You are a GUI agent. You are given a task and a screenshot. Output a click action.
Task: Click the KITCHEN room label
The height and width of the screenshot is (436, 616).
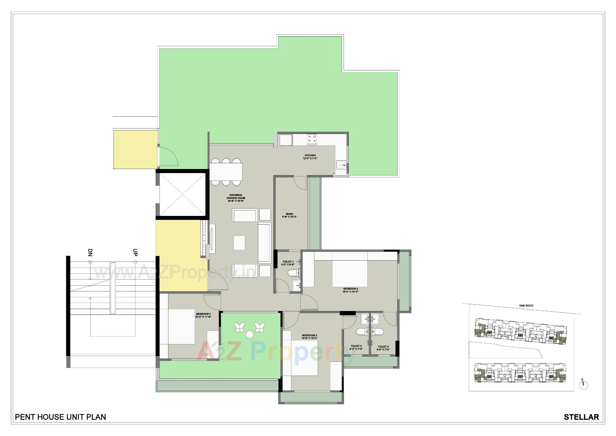point(310,156)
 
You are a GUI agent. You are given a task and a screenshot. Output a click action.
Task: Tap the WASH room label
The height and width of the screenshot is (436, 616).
point(289,214)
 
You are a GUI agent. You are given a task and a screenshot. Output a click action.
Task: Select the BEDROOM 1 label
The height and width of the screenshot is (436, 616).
point(203,314)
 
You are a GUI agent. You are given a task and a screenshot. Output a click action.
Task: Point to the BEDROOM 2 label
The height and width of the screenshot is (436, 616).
point(309,335)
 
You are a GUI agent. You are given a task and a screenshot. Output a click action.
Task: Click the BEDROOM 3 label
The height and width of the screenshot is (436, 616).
point(350,289)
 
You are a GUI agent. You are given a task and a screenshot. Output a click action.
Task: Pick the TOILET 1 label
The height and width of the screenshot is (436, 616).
point(288,262)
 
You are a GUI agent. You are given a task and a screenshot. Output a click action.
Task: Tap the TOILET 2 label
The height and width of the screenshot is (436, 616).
point(356,346)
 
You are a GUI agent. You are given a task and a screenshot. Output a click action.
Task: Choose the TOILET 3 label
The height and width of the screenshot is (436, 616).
point(383,347)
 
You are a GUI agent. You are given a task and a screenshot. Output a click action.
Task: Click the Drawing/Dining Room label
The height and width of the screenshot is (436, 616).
point(236,196)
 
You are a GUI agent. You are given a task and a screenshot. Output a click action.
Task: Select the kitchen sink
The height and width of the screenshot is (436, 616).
point(341,165)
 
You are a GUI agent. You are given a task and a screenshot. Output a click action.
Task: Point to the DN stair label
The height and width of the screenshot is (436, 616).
point(90,252)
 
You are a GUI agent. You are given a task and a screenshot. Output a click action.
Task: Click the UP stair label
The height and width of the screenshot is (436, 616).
point(135,252)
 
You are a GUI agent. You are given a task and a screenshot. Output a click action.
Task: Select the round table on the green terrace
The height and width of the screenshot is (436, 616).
point(249,334)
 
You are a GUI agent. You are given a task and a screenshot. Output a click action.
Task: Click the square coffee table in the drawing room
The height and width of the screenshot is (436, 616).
point(239,243)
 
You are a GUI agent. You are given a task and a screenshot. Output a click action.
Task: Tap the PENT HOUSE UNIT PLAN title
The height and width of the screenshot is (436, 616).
point(61,417)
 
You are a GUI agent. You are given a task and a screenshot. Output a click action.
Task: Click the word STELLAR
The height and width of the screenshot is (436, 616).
point(581,417)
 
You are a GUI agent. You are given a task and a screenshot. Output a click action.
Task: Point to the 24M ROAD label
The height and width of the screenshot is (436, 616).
point(526,306)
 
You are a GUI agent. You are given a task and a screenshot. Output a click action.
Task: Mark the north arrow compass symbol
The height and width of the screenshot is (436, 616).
point(584,385)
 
